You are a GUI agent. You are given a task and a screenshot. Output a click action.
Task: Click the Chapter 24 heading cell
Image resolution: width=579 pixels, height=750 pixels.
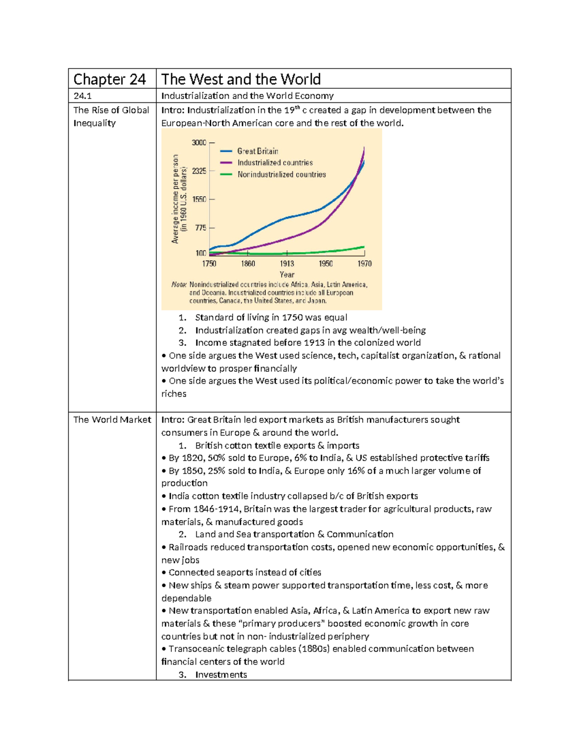click(110, 79)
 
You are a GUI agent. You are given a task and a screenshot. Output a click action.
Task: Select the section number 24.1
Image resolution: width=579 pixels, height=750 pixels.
click(83, 96)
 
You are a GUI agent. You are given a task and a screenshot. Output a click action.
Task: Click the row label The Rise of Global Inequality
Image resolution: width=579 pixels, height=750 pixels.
click(111, 116)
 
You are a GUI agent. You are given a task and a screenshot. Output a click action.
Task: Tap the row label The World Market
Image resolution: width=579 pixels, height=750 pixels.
click(112, 420)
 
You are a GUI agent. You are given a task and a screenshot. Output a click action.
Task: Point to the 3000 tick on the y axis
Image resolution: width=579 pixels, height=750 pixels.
click(199, 142)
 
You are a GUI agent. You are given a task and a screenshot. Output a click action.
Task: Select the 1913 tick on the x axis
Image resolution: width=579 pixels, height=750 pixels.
click(287, 263)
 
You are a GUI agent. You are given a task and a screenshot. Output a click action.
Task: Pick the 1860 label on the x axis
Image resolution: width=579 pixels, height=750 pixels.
click(248, 263)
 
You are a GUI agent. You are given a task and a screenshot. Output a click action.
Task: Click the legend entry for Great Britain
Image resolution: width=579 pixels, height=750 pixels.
click(258, 151)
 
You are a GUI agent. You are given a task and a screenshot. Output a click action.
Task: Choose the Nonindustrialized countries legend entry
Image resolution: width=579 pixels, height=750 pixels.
click(281, 174)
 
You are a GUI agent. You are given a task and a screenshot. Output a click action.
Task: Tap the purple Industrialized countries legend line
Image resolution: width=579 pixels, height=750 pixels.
click(226, 163)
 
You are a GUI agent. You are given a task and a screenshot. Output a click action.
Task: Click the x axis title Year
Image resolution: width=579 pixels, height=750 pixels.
click(287, 274)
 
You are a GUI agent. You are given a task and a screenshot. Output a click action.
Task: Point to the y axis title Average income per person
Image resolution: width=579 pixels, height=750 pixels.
click(176, 199)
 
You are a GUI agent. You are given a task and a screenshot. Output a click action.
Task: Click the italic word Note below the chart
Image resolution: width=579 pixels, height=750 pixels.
click(179, 284)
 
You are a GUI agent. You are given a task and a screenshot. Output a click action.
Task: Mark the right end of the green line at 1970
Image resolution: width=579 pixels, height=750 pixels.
click(364, 247)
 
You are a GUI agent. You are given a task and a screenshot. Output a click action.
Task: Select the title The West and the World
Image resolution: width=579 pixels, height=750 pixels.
click(241, 79)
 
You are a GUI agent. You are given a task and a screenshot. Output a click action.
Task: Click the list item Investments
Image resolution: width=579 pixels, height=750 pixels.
click(221, 675)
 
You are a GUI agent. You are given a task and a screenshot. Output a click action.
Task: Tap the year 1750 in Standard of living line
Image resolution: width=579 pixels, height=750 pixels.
click(293, 317)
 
